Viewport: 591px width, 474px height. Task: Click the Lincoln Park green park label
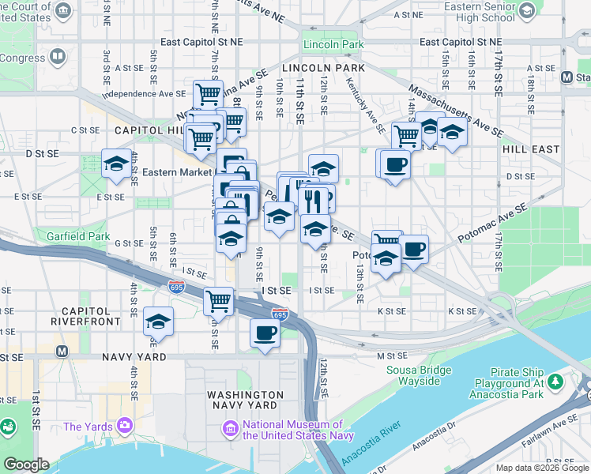click(x=332, y=45)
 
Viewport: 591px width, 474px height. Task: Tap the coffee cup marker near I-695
click(x=265, y=333)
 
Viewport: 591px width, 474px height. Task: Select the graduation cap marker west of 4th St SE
click(x=116, y=164)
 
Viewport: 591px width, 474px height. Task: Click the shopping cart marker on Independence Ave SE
click(x=208, y=94)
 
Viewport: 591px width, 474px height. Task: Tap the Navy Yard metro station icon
click(x=62, y=351)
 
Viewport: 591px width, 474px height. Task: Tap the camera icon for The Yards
click(x=125, y=427)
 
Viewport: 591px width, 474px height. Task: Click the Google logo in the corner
click(x=26, y=465)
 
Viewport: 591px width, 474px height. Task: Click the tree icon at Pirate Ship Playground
click(x=555, y=382)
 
